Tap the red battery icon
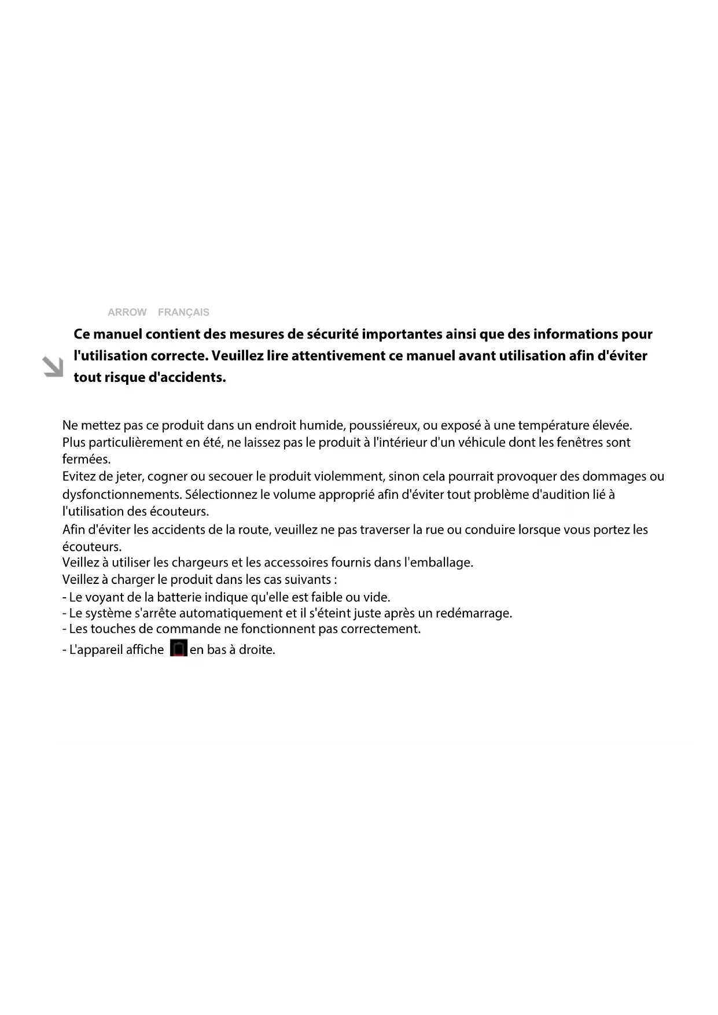click(179, 648)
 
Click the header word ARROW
click(127, 312)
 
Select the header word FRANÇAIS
click(183, 312)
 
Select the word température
click(553, 425)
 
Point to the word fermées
click(86, 459)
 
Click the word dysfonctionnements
click(121, 495)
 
